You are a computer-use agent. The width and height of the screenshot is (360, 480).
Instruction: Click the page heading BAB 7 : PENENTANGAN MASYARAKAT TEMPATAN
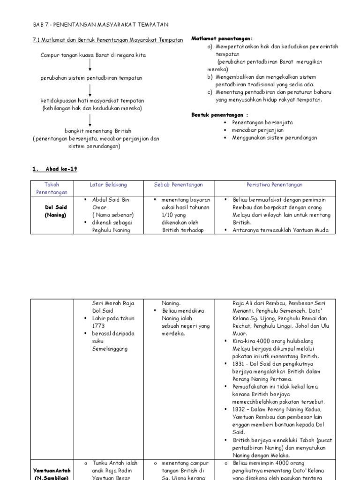tap(100, 24)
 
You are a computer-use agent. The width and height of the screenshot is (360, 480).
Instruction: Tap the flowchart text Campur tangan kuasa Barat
tap(93, 55)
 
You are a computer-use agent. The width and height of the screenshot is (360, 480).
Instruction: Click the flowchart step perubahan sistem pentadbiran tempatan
tap(91, 78)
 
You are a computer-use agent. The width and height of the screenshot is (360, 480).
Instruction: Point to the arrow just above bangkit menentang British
tap(90, 120)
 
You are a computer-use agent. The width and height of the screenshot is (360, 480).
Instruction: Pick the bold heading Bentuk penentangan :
tap(220, 114)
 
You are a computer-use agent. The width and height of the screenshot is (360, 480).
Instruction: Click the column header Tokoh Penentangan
tap(52, 188)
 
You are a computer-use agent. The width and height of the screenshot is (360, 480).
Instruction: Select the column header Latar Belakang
tap(108, 185)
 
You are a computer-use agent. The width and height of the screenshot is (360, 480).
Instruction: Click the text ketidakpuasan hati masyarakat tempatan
tap(92, 101)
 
